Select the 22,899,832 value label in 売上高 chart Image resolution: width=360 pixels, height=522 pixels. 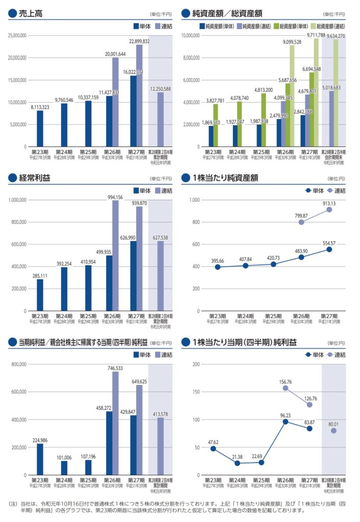(139, 41)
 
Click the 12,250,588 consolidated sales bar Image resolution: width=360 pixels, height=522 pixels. (161, 119)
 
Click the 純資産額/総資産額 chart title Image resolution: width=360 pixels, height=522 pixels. (226, 14)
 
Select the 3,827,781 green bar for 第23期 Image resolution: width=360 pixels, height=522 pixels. (216, 125)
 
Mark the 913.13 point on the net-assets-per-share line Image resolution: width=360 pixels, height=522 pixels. (329, 210)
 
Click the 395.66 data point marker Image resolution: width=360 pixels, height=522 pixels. (217, 267)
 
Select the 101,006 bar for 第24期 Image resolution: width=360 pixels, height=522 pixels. (64, 467)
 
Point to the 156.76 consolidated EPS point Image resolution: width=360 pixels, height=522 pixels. (286, 388)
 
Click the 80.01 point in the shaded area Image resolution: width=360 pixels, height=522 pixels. (333, 431)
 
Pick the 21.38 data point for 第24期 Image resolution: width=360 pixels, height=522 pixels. (237, 463)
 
